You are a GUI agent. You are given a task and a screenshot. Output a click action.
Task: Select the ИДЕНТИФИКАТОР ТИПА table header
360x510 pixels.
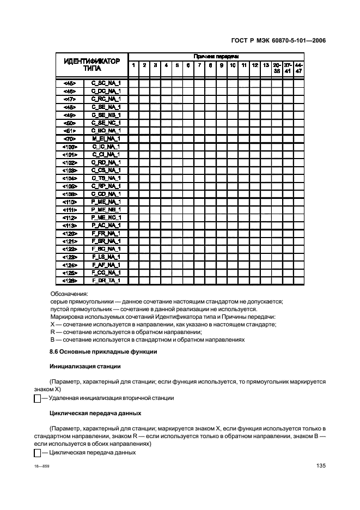(x=92, y=65)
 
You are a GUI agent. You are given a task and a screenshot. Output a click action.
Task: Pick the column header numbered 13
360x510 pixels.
(x=265, y=65)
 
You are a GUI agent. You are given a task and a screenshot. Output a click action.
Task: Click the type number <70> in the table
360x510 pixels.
(x=70, y=139)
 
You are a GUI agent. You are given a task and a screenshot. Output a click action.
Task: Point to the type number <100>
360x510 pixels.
(x=70, y=147)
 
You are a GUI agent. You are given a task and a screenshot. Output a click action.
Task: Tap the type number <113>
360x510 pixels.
(x=70, y=225)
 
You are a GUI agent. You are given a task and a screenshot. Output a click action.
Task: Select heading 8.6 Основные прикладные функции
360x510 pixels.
(x=103, y=351)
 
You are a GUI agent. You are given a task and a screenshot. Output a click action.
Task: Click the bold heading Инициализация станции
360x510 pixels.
(x=84, y=366)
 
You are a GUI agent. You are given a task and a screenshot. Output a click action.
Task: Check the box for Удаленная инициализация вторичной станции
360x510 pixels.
(x=38, y=399)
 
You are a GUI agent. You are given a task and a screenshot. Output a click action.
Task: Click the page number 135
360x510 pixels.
(x=320, y=466)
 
